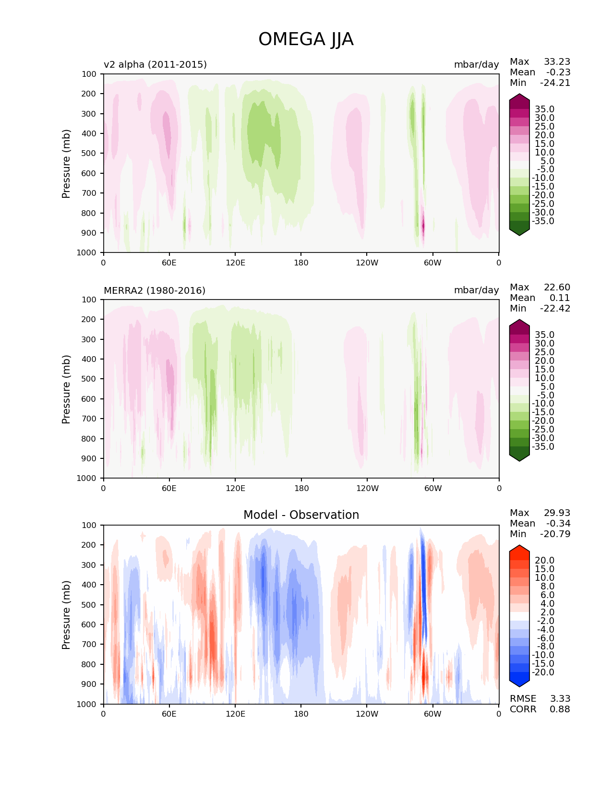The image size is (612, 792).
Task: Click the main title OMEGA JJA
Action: point(306,39)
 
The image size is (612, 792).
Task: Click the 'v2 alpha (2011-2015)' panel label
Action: point(155,64)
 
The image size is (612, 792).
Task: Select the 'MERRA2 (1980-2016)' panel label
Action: point(155,290)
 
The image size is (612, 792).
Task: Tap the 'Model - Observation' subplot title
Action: point(301,515)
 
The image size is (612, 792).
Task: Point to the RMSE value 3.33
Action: point(560,698)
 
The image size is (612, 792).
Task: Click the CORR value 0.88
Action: point(560,709)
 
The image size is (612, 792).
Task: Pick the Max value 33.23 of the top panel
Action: point(557,61)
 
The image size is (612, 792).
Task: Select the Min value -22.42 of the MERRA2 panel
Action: point(555,308)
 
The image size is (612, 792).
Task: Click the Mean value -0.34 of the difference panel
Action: point(558,523)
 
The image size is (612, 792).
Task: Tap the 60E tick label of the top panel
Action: point(169,263)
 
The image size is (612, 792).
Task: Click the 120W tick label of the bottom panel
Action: point(367,714)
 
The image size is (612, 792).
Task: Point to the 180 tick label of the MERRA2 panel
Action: point(301,488)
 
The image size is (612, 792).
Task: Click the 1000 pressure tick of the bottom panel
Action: point(87,704)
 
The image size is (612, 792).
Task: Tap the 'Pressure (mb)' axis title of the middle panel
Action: point(66,389)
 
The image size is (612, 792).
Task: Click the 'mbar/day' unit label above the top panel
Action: point(476,64)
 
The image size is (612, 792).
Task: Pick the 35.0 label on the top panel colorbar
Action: point(544,109)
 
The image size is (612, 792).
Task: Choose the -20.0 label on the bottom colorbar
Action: point(543,672)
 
